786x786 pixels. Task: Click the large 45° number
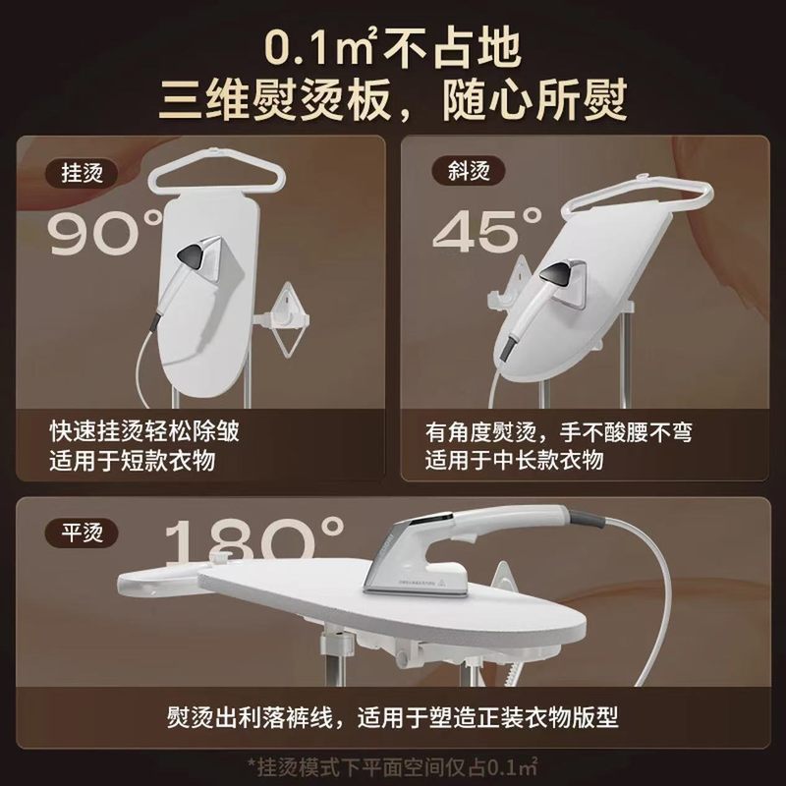coord(487,233)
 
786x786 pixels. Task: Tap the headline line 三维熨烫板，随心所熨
coord(393,101)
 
